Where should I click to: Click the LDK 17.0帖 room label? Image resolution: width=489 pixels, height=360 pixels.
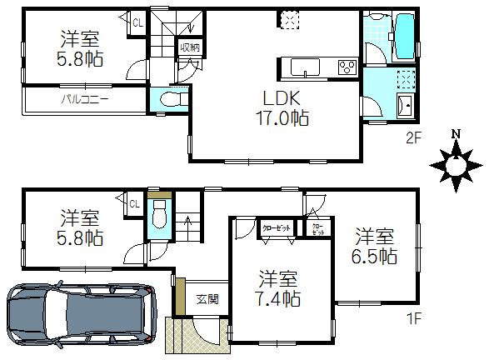[x=282, y=107]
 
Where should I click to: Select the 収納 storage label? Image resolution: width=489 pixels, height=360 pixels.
[x=189, y=48]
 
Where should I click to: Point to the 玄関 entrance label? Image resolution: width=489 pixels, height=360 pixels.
[x=207, y=297]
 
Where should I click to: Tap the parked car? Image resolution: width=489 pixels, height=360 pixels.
[x=81, y=318]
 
